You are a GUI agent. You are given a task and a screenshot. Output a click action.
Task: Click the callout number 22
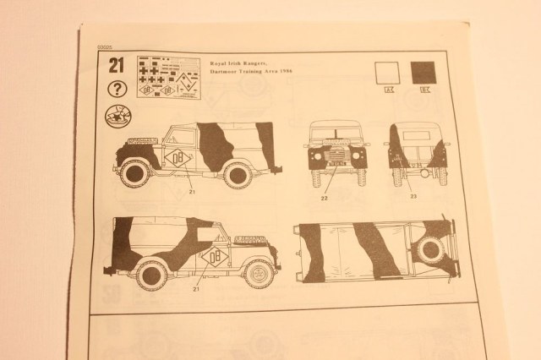click(324, 199)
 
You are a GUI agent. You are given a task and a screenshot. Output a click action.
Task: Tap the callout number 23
click(413, 196)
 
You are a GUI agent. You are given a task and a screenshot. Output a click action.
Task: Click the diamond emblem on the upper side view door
click(179, 159)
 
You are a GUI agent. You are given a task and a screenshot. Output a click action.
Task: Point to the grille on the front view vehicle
click(332, 157)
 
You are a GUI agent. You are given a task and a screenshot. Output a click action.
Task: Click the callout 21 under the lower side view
click(197, 289)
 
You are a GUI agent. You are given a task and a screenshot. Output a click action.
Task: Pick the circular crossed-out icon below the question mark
click(117, 118)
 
